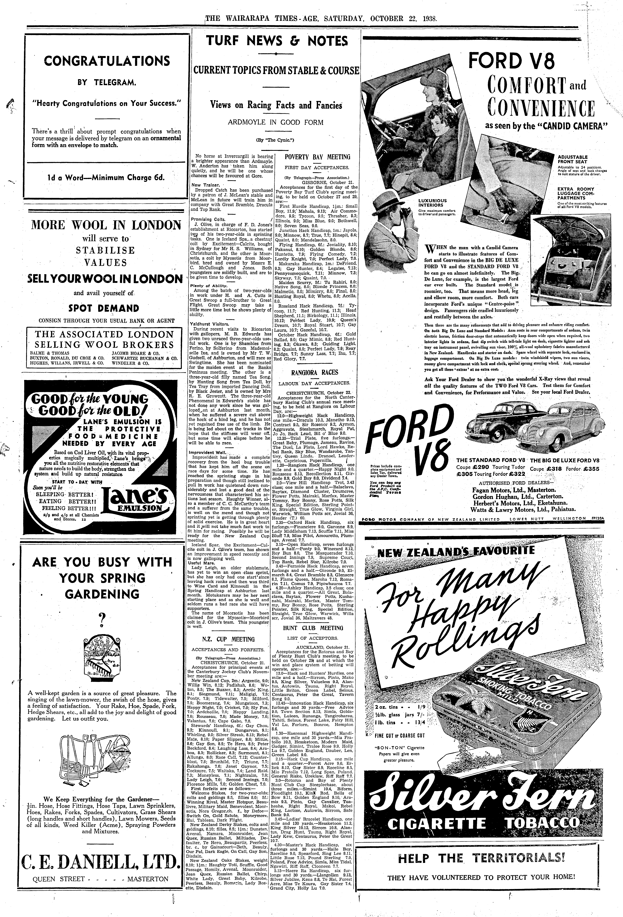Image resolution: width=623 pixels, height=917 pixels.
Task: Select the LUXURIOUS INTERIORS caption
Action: pyautogui.click(x=432, y=203)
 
